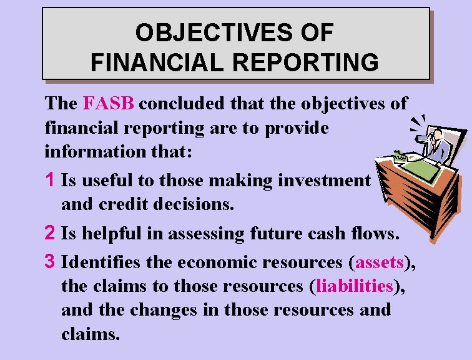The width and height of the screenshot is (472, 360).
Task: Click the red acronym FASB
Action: [108, 103]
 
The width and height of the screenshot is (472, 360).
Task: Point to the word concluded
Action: [186, 103]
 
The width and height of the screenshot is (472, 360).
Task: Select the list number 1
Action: [52, 181]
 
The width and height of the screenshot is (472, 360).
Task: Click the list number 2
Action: [52, 234]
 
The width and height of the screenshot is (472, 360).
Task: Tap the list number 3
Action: [52, 260]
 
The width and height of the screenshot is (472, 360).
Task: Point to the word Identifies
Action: [103, 260]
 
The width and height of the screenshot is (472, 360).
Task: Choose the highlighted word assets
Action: [380, 261]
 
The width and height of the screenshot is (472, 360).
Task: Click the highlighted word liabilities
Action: [354, 286]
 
